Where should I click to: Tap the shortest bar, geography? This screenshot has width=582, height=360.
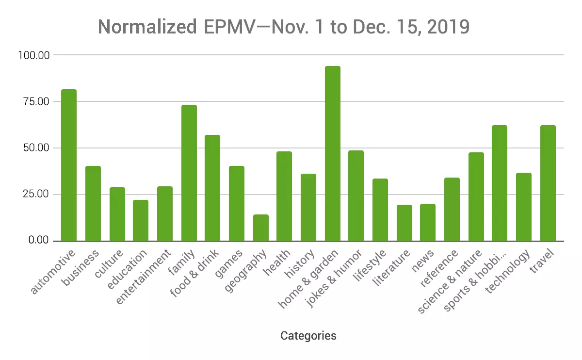(260, 228)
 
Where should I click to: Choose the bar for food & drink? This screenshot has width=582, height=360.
(212, 188)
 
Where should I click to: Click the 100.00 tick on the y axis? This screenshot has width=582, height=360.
(33, 55)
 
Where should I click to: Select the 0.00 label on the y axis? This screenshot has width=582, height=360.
(38, 241)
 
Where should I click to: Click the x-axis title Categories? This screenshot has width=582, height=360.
(308, 336)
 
